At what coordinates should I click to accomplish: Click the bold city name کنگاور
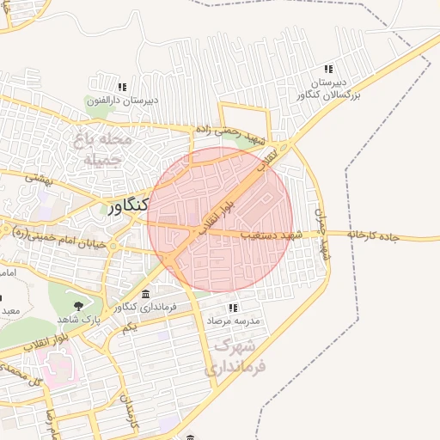click(129, 206)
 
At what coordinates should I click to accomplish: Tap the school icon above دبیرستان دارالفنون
click(122, 87)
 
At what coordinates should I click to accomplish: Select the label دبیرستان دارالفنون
click(121, 101)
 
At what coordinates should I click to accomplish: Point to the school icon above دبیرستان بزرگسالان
click(327, 69)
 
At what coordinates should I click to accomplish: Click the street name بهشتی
click(40, 178)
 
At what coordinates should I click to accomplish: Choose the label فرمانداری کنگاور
click(144, 307)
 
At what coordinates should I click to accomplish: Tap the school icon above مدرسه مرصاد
click(232, 307)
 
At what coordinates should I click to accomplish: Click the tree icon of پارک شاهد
click(79, 305)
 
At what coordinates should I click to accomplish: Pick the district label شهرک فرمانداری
click(236, 356)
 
